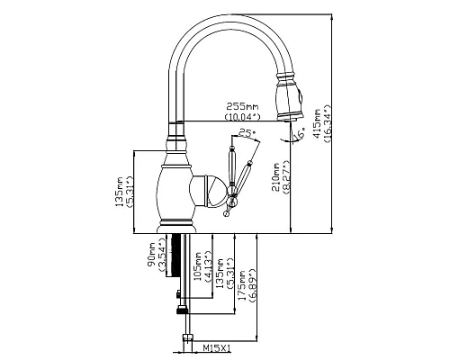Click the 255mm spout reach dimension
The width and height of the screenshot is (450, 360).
[x=242, y=104]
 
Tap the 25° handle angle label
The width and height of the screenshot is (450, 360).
[x=246, y=133]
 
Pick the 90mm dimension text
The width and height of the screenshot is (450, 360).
[x=152, y=253]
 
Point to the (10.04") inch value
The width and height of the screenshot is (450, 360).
[x=242, y=115]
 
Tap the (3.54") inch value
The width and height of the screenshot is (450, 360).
[x=163, y=253]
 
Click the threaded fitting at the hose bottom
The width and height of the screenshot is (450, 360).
[x=188, y=340]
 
